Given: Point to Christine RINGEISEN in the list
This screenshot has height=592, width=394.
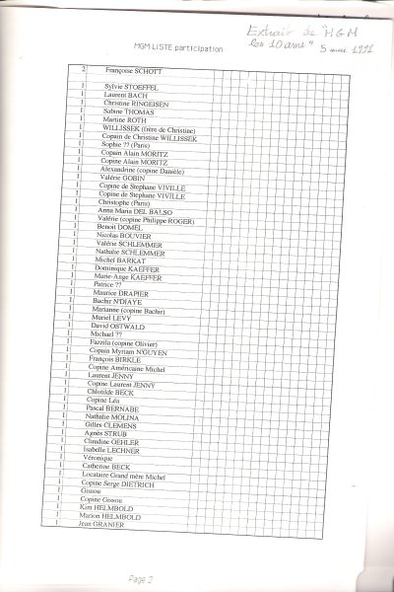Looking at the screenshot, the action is [x=137, y=103].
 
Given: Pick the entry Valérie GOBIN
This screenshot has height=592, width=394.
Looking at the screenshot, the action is [x=123, y=178].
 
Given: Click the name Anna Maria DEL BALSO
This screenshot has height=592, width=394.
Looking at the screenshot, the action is [x=140, y=210].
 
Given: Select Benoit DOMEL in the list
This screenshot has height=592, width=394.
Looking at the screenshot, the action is [x=120, y=227].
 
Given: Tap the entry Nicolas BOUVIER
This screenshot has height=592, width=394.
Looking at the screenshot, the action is [x=124, y=236].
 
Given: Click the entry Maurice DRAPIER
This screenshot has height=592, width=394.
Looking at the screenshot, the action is [x=121, y=292].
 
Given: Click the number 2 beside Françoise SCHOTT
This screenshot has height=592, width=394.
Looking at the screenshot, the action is [x=84, y=70].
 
